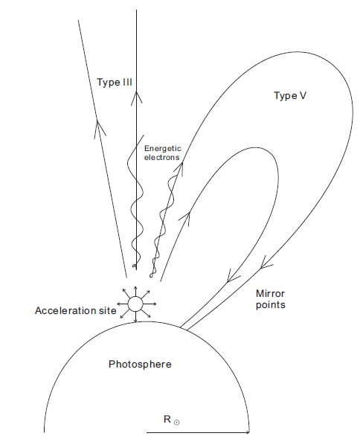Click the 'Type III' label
115,83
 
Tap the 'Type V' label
290,96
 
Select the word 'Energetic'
163,149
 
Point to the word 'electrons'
162,157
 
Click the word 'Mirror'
270,294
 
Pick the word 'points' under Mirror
271,305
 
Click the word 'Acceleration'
64,311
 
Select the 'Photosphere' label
140,365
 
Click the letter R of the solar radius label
167,420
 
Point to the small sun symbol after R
176,422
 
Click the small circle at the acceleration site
135,304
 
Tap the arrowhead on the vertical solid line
136,97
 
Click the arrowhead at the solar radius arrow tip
247,432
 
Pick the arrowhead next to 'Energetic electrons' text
179,169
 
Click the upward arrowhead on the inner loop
186,219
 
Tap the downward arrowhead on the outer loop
265,263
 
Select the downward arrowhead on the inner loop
232,277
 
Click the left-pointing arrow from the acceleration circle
122,304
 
